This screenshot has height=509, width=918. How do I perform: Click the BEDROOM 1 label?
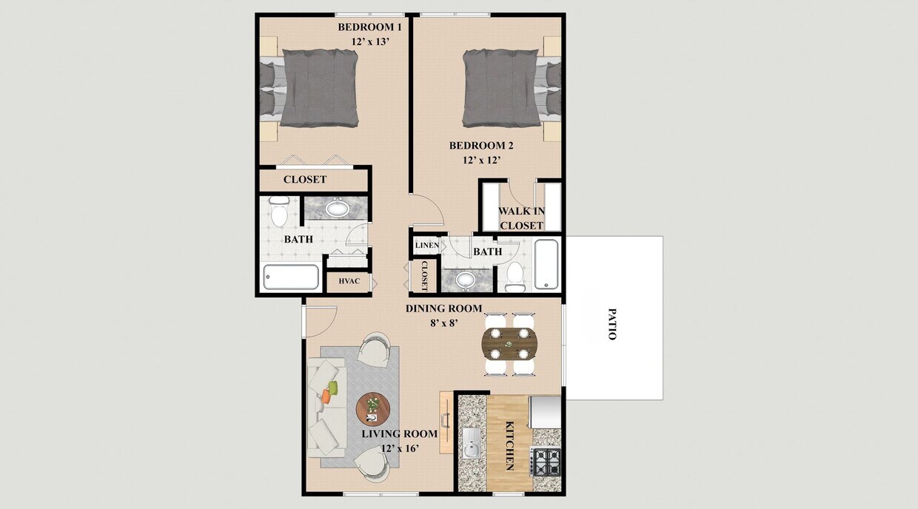(369, 27)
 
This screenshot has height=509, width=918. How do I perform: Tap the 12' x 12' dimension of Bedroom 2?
(481, 159)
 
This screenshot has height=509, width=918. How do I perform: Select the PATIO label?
(612, 324)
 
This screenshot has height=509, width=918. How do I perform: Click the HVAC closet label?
(349, 282)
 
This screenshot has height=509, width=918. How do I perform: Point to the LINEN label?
(426, 246)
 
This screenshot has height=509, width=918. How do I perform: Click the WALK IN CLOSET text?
(522, 218)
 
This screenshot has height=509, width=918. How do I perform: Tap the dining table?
(510, 343)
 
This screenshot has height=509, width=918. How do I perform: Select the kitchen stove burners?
(546, 462)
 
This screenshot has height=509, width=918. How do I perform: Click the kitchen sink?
(471, 447)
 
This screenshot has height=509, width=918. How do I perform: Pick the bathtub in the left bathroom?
(291, 277)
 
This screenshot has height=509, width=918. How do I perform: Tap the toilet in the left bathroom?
(279, 212)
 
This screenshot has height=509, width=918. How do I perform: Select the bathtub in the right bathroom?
(546, 263)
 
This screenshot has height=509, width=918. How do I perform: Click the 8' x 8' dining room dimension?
(443, 322)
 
